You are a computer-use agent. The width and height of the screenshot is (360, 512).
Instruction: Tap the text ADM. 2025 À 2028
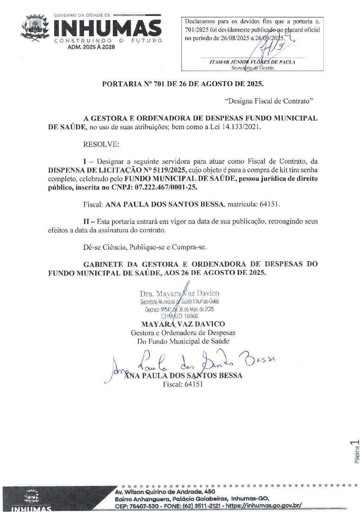pyautogui.click(x=91, y=47)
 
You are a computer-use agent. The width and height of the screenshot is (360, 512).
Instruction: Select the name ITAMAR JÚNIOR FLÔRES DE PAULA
pyautogui.click(x=252, y=62)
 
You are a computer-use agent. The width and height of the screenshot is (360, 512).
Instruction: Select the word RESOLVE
pyautogui.click(x=101, y=144)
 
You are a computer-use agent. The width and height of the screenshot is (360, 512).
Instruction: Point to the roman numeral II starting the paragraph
pyautogui.click(x=86, y=221)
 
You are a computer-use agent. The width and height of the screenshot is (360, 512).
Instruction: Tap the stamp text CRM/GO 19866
pyautogui.click(x=180, y=316)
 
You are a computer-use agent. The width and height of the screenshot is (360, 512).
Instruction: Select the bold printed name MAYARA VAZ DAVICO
pyautogui.click(x=183, y=324)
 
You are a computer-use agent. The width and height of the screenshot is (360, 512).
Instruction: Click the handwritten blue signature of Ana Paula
pyautogui.click(x=190, y=362)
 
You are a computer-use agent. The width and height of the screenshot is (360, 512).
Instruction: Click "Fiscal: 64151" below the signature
pyautogui.click(x=183, y=384)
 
